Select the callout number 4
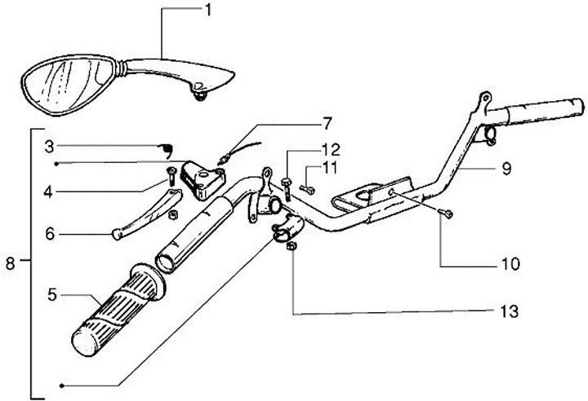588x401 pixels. click(x=50, y=192)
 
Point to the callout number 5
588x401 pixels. click(x=51, y=296)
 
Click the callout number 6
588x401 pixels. click(x=50, y=233)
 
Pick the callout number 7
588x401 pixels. click(x=327, y=124)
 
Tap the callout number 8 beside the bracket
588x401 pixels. click(x=10, y=262)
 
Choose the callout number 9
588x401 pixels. click(x=506, y=169)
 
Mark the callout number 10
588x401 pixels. click(x=510, y=263)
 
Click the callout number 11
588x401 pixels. click(x=328, y=167)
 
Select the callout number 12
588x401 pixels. click(x=328, y=150)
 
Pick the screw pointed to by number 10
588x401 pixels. click(x=448, y=214)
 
